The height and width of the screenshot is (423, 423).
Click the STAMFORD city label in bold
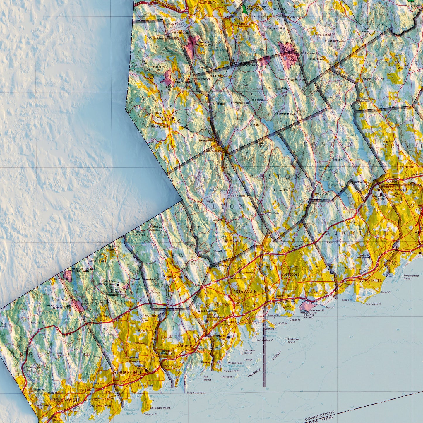127,373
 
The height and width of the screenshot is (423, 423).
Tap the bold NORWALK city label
245,292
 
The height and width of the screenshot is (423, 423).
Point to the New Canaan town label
172,277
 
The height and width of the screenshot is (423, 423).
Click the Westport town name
290,274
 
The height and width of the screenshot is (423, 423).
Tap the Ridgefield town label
160,126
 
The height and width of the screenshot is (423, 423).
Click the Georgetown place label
214,151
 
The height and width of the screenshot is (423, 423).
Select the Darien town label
184,345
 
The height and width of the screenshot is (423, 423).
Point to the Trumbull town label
406,167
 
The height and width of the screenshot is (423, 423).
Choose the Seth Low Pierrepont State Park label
192,80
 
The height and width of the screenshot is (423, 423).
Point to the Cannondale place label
239,196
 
